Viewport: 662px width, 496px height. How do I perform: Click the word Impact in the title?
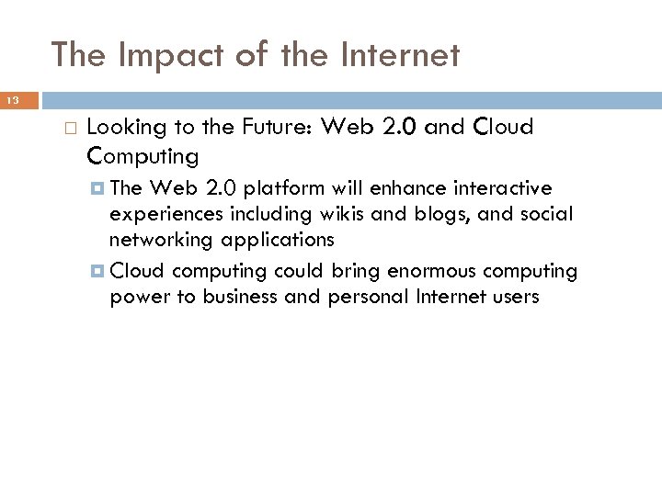[157, 56]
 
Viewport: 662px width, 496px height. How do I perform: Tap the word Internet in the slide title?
[401, 56]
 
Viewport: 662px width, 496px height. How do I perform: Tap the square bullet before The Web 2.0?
[98, 189]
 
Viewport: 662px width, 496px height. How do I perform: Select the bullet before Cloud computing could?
[98, 272]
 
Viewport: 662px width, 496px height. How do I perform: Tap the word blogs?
[430, 215]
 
